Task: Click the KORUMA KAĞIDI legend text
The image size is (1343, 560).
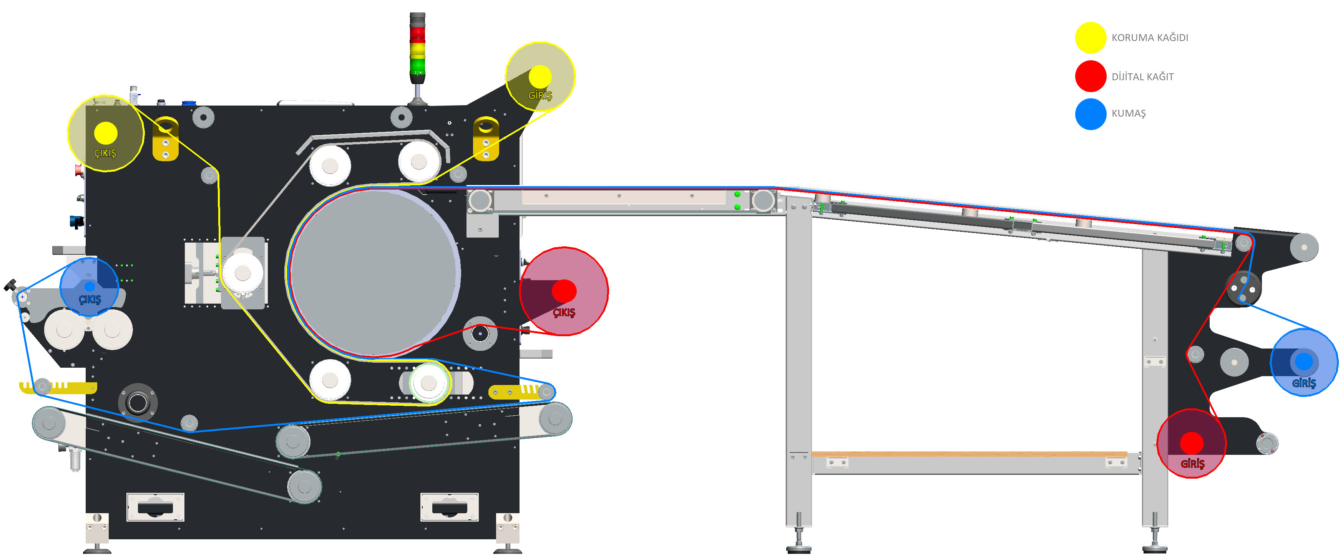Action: click(1150, 38)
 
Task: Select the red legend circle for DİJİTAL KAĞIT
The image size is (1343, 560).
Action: click(1091, 76)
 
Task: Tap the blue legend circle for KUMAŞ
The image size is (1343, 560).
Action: click(1091, 114)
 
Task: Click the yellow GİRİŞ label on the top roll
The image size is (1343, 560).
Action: click(540, 95)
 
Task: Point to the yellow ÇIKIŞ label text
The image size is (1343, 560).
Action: click(105, 153)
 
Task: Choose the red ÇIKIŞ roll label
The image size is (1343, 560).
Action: click(564, 312)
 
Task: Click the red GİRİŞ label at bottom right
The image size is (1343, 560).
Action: click(1192, 464)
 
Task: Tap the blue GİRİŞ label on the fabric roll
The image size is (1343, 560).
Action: click(1304, 383)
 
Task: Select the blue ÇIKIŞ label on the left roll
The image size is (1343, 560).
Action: click(90, 299)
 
